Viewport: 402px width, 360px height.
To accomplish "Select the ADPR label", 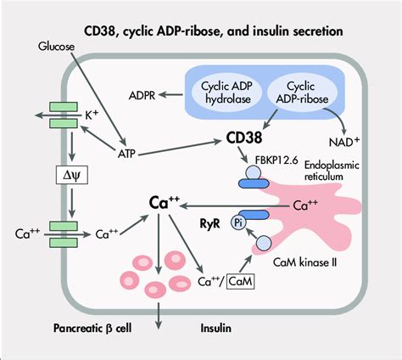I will (x=141, y=92).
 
